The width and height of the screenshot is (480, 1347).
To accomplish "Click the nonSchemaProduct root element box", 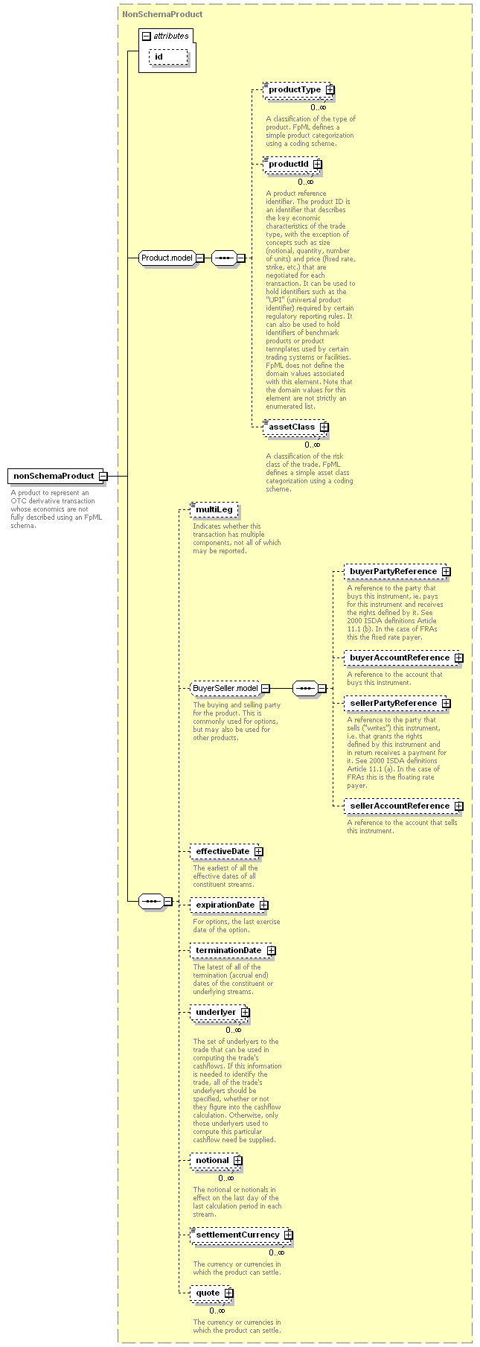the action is tap(57, 476).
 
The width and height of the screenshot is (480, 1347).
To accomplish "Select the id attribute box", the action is tap(168, 57).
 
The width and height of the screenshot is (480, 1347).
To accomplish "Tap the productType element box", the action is tap(298, 89).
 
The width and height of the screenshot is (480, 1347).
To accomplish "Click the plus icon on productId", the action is tap(318, 164).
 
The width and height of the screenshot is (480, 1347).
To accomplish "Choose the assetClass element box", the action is tap(295, 427).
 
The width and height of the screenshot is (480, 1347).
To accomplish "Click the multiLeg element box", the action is tap(214, 509).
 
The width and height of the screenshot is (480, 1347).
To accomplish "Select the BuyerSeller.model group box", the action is tap(229, 688).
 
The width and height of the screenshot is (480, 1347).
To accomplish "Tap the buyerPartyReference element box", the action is tap(397, 571).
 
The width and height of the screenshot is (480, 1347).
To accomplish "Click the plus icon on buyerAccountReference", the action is tap(459, 657).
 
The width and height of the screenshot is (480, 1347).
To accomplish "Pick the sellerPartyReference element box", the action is tap(397, 703).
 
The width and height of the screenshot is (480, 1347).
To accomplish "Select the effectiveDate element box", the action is tap(225, 851).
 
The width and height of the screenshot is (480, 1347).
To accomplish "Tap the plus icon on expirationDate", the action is tap(264, 905).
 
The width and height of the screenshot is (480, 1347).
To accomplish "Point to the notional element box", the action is tap(215, 1160).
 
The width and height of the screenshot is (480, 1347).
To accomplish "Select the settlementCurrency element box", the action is tap(240, 1235).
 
